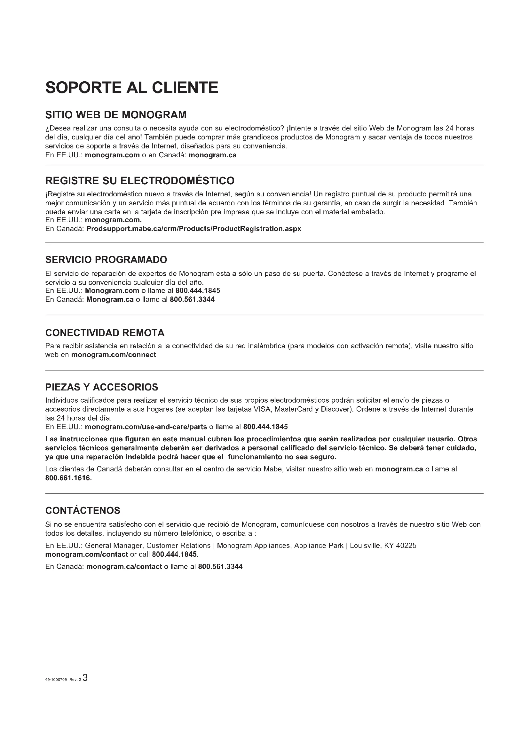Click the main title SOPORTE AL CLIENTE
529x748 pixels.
pos(131,88)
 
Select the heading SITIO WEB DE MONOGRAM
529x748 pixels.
pos(116,115)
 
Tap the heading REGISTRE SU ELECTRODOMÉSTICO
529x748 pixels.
pos(140,180)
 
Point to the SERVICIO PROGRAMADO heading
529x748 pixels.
pos(106,260)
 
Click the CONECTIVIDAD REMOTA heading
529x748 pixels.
pos(105,333)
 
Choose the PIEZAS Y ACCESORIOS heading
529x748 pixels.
pos(102,387)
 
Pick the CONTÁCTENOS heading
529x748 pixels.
pos(83,510)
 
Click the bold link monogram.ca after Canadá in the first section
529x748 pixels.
pos(212,155)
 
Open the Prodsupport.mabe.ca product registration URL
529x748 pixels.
pos(194,229)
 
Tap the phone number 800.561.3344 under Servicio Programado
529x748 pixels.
pos(192,299)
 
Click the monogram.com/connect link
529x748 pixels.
pos(114,354)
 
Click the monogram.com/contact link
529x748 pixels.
pos(87,554)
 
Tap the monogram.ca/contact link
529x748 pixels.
pos(124,567)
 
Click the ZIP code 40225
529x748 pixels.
pos(406,545)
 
